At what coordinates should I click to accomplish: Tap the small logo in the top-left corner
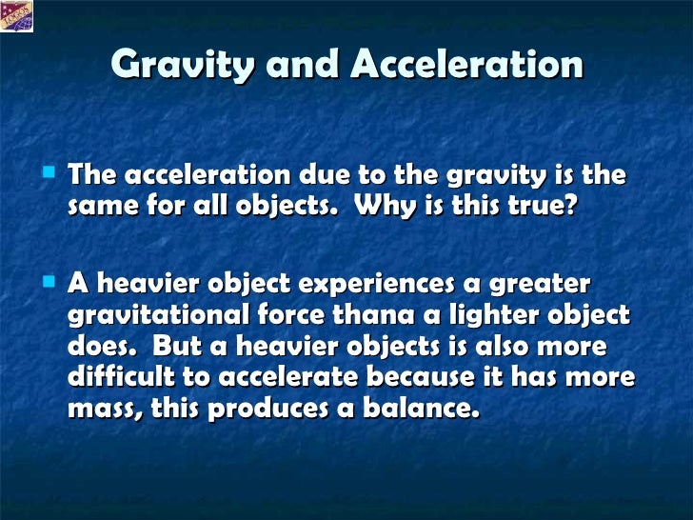17,16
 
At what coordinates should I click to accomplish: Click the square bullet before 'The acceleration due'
49,172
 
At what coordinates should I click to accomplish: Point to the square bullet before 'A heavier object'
49,282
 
